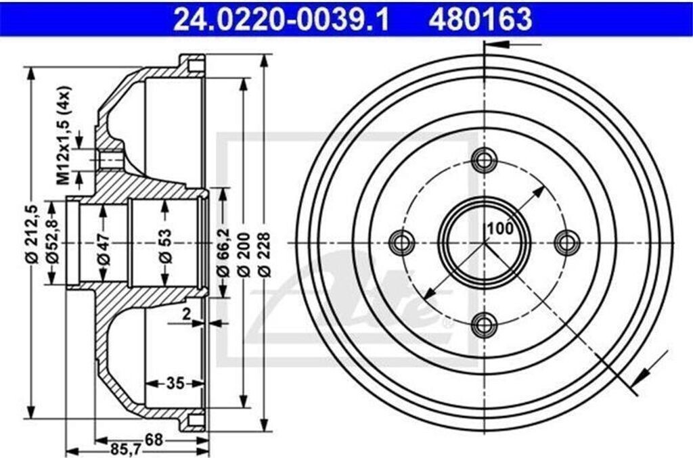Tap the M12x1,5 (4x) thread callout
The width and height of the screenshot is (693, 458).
click(64, 135)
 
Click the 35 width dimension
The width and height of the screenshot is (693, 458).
click(175, 384)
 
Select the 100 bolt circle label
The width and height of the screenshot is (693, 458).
click(499, 229)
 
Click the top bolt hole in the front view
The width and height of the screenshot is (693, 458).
click(484, 160)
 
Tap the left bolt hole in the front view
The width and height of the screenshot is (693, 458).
click(402, 242)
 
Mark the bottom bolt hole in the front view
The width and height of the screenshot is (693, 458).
click(484, 324)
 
